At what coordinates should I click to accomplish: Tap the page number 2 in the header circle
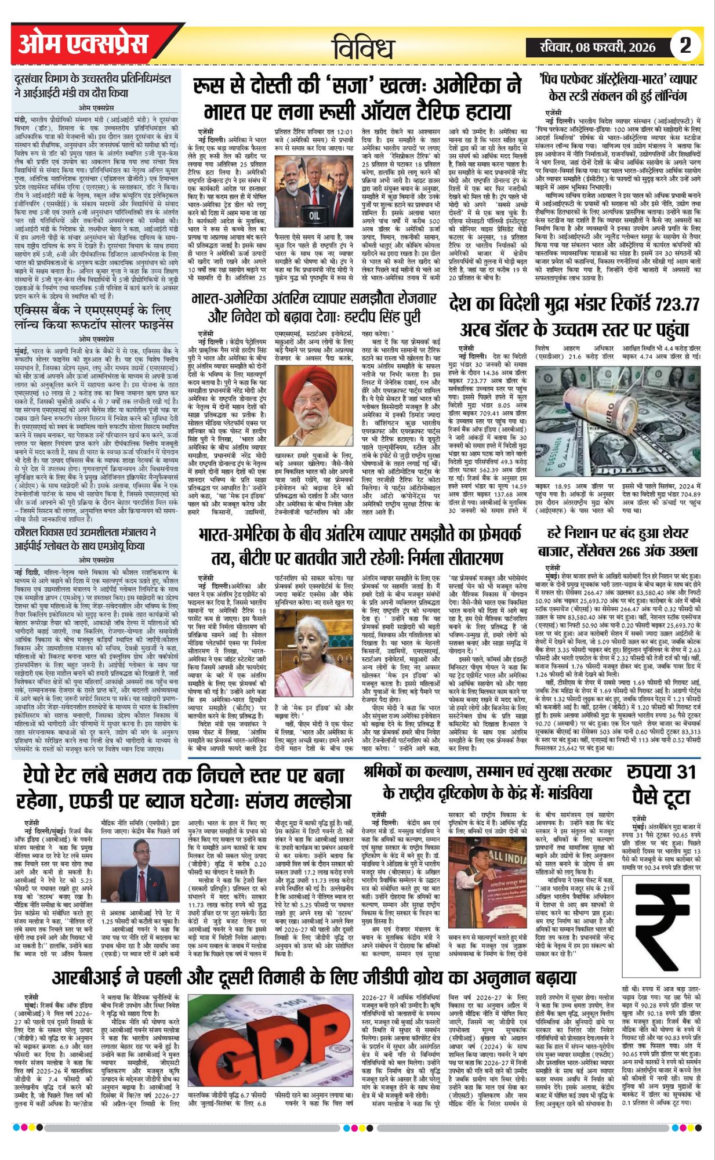[685, 45]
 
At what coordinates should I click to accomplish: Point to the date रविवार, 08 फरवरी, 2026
[598, 46]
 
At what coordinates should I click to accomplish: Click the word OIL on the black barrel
[314, 215]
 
